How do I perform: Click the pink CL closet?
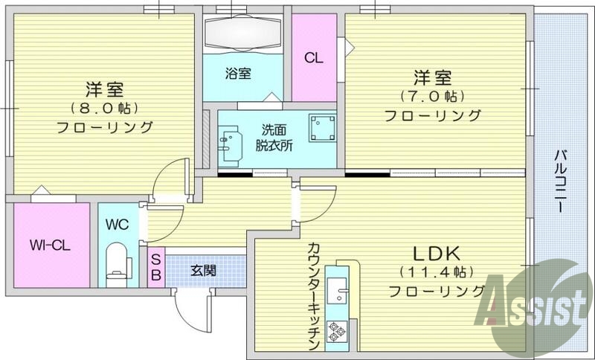[x=313, y=58]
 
